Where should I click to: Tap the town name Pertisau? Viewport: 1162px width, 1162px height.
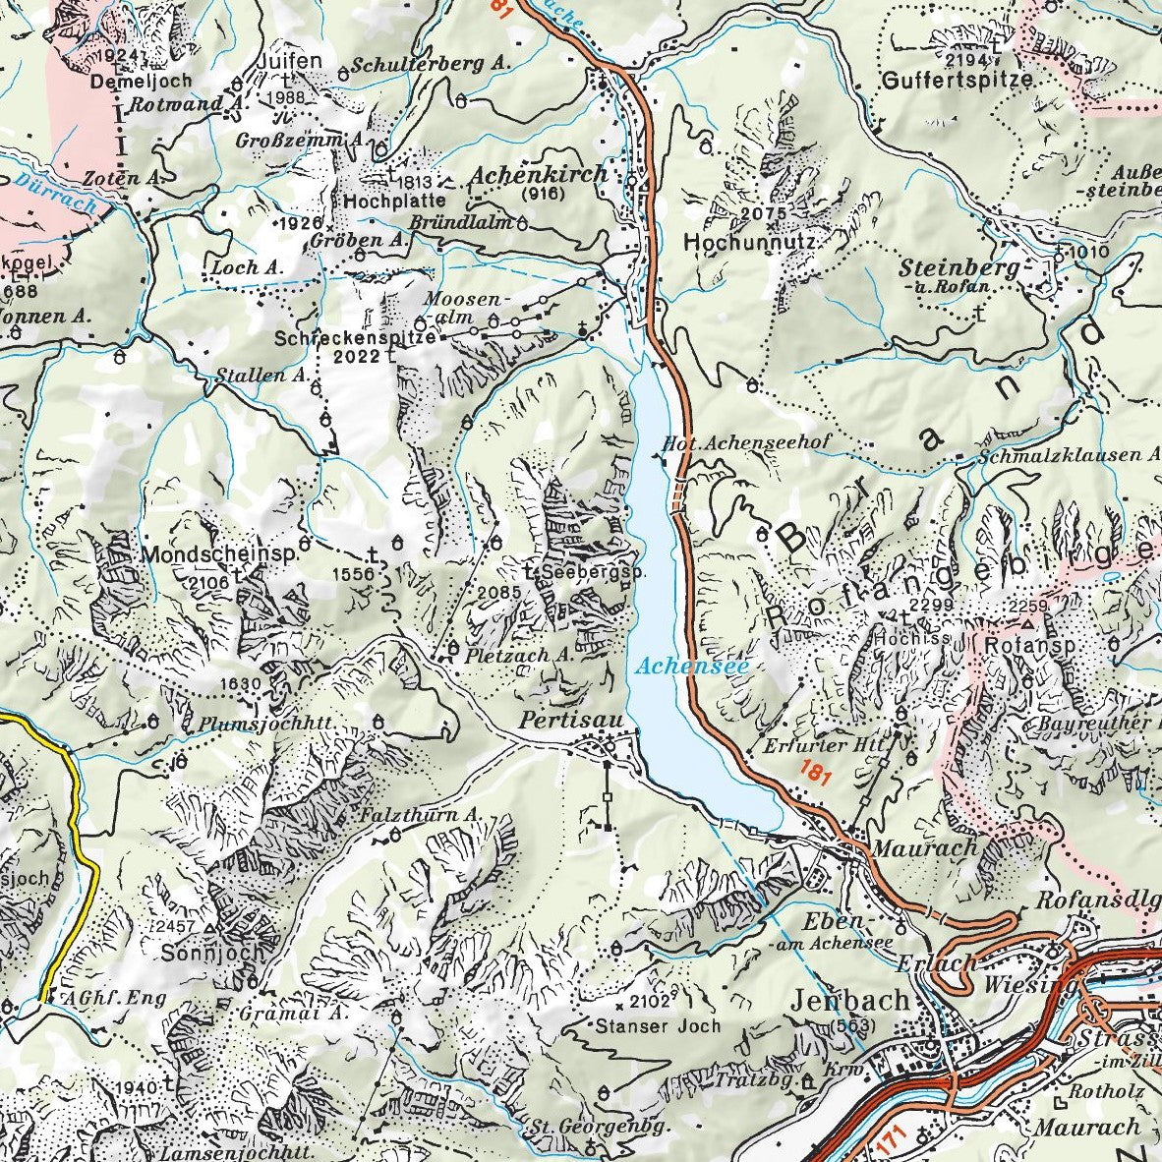pyautogui.click(x=571, y=722)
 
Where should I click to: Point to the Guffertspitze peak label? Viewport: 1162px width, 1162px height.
pyautogui.click(x=958, y=80)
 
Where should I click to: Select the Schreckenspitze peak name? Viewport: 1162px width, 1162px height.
pyautogui.click(x=356, y=337)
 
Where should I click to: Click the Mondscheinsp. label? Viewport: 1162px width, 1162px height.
pyautogui.click(x=219, y=555)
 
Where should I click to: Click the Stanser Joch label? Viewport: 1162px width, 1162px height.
pyautogui.click(x=658, y=1025)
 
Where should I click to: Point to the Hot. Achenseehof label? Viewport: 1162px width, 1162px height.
pyautogui.click(x=747, y=443)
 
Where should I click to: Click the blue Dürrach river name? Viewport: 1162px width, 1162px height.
pyautogui.click(x=56, y=192)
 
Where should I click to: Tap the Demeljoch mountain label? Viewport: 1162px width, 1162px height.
pyautogui.click(x=126, y=83)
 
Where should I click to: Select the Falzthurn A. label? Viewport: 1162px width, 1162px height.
pyautogui.click(x=418, y=815)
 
